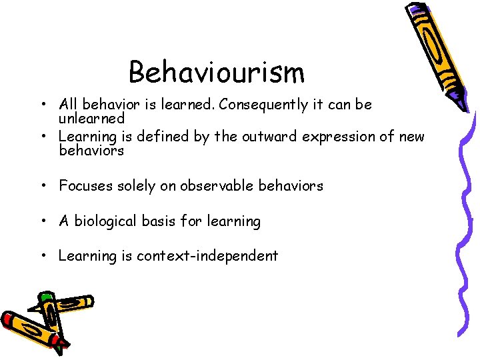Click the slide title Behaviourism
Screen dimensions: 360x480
click(x=217, y=72)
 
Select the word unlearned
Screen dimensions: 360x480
click(x=91, y=119)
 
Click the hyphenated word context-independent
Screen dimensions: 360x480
click(x=207, y=256)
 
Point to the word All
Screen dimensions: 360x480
click(x=67, y=105)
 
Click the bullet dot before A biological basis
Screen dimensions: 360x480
click(x=42, y=221)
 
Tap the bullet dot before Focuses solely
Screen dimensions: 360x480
click(x=42, y=186)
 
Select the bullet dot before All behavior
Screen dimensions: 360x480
click(x=42, y=105)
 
